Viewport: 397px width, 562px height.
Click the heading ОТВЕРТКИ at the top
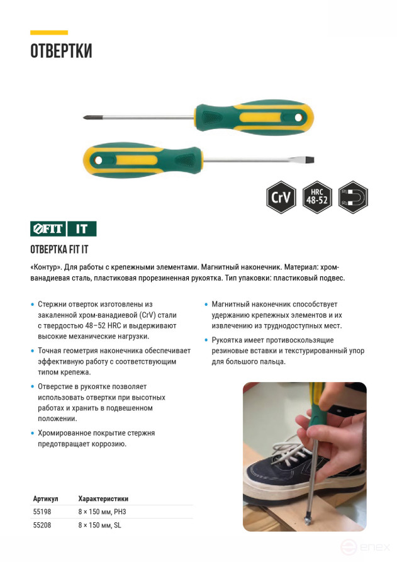pyautogui.click(x=61, y=51)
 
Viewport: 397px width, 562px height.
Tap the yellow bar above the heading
pyautogui.click(x=49, y=32)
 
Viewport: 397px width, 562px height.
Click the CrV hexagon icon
pyautogui.click(x=281, y=198)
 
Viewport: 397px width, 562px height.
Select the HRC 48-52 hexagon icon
pyautogui.click(x=316, y=198)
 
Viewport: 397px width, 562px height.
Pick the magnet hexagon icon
pyautogui.click(x=353, y=198)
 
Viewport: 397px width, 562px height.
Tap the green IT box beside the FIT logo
pyautogui.click(x=82, y=228)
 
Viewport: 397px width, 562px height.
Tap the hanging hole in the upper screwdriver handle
pyautogui.click(x=299, y=117)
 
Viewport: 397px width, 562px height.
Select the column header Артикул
pyautogui.click(x=45, y=498)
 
